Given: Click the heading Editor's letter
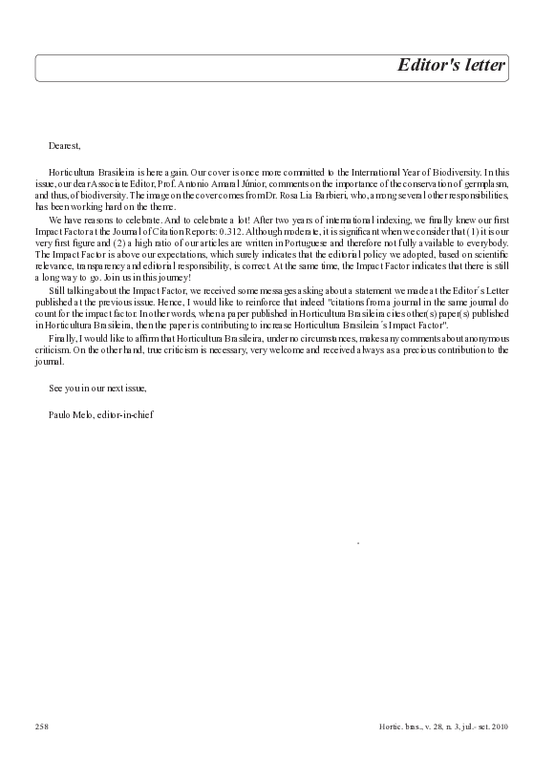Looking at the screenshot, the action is pyautogui.click(x=451, y=67).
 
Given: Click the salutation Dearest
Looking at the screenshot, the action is pyautogui.click(x=65, y=145).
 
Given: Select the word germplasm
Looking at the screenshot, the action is pyautogui.click(x=485, y=181).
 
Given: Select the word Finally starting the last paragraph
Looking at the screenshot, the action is pyautogui.click(x=63, y=339).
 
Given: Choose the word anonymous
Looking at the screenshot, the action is pyautogui.click(x=483, y=339).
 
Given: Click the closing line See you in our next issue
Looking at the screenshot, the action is pyautogui.click(x=97, y=388).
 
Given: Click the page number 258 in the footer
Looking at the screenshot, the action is pyautogui.click(x=42, y=726).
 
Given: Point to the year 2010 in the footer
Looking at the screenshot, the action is pyautogui.click(x=499, y=726).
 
